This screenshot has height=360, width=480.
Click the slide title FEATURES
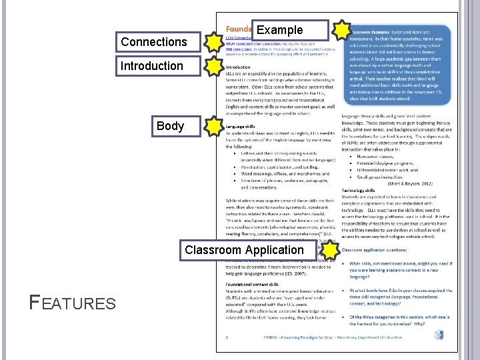tap(73, 304)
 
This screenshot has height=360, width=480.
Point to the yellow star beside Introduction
tap(213, 67)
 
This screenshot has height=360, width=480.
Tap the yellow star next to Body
tap(213, 127)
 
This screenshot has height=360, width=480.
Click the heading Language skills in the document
tap(240, 126)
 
